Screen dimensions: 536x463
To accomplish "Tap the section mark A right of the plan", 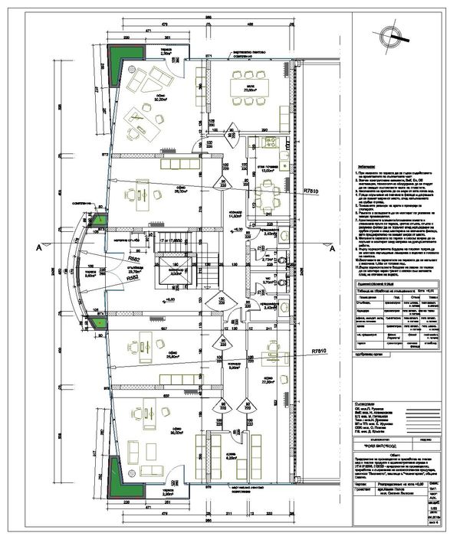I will [332, 248].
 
